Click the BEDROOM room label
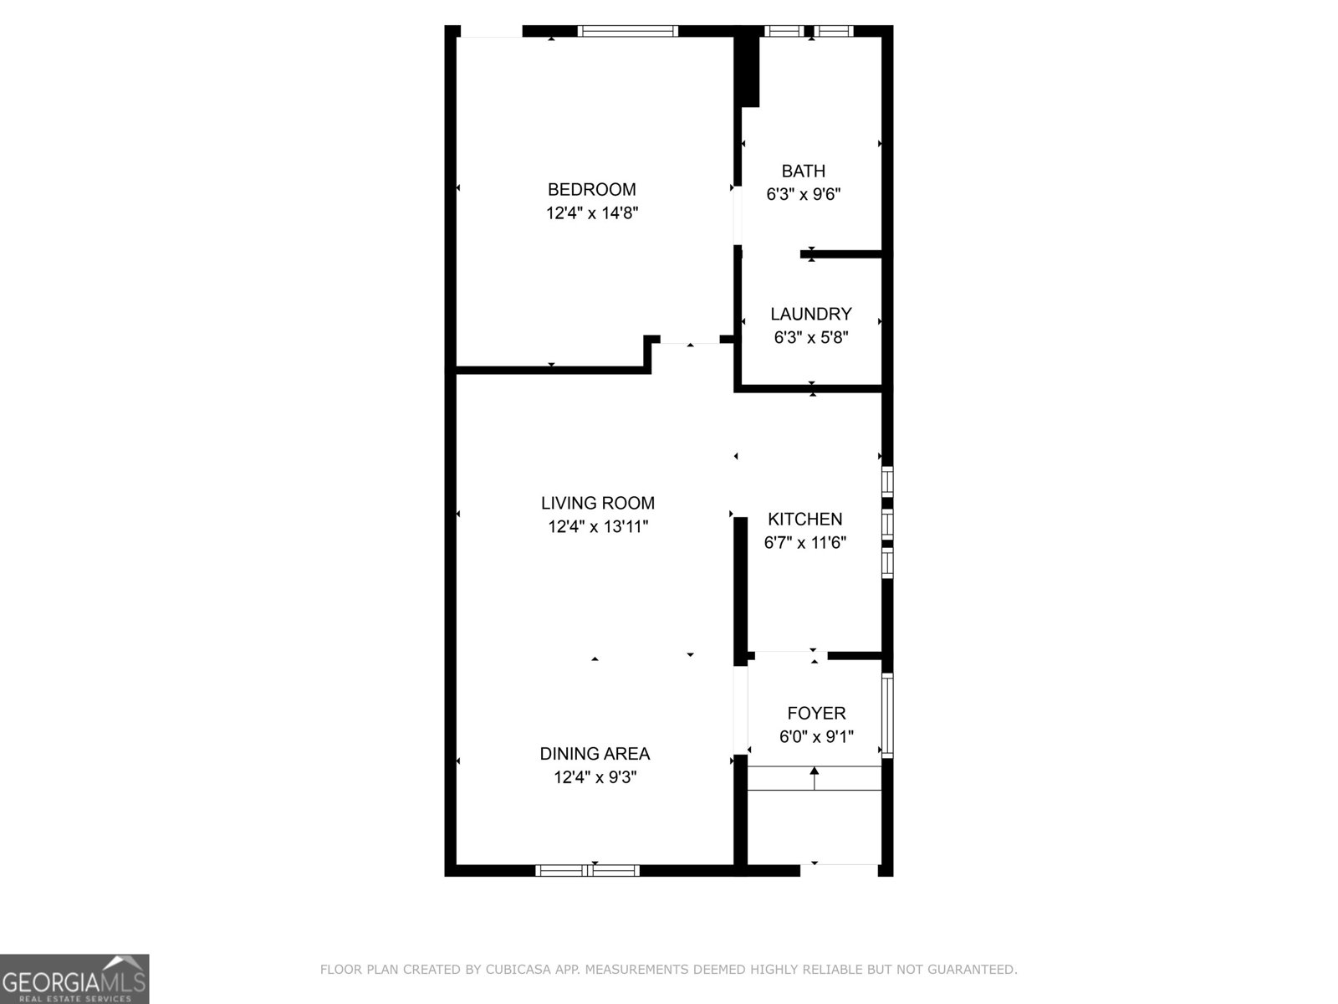click(x=591, y=189)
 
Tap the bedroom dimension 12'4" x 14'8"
click(x=592, y=213)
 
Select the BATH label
click(x=803, y=172)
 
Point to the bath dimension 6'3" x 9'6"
click(x=803, y=195)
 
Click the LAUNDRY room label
click(x=810, y=315)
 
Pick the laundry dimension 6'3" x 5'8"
click(x=810, y=338)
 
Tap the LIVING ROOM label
click(x=597, y=503)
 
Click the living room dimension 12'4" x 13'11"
click(x=598, y=527)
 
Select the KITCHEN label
click(x=804, y=520)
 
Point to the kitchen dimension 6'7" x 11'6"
click(x=804, y=543)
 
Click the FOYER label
click(x=816, y=714)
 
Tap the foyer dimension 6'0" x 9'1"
click(x=816, y=737)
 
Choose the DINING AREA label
click(x=595, y=754)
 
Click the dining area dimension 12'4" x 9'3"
click(x=595, y=777)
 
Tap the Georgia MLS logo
click(x=74, y=979)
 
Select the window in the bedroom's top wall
click(x=627, y=32)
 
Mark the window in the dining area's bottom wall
click(x=587, y=870)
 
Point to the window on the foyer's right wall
click(x=888, y=715)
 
